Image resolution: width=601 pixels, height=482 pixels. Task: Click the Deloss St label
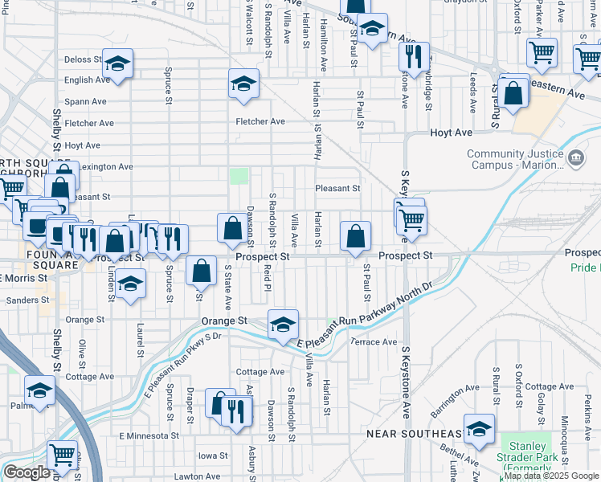[x=83, y=59]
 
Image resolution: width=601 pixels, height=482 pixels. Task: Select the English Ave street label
[x=87, y=80]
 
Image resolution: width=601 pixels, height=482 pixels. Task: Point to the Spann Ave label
[x=87, y=102]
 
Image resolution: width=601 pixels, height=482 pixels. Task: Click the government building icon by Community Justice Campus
[x=575, y=158]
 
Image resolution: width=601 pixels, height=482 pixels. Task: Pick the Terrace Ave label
[x=376, y=341]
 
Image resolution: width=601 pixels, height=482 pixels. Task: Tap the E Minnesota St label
[x=149, y=435]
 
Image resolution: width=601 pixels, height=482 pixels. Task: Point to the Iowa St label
[x=213, y=455]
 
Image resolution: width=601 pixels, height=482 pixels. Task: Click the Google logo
[x=26, y=472]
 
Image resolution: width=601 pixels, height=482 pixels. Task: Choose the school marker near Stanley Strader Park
[x=480, y=430]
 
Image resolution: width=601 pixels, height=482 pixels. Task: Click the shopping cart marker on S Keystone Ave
[x=411, y=219]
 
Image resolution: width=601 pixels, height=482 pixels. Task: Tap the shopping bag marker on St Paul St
[x=355, y=238]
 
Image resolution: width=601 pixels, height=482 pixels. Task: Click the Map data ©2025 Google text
[x=550, y=476]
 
